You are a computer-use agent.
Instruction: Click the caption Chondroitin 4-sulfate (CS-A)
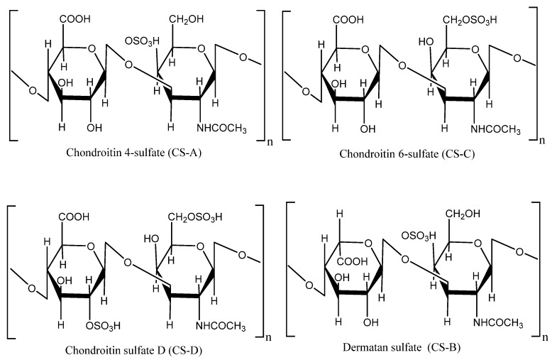(134, 153)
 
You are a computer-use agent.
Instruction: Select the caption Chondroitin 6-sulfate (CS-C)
(407, 154)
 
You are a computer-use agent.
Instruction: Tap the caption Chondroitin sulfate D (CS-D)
(134, 351)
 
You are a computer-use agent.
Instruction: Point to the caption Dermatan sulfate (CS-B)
(402, 348)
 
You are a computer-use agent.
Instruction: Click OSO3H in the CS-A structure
(142, 41)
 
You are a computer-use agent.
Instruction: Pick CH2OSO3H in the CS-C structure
(470, 21)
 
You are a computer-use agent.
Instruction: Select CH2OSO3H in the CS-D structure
(195, 217)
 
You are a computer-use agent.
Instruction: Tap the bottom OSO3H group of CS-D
(103, 326)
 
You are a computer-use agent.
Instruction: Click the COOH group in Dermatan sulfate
(353, 261)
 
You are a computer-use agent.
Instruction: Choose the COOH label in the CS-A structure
(75, 18)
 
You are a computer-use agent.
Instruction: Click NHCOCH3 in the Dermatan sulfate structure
(498, 322)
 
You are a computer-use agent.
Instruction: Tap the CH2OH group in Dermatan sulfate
(463, 214)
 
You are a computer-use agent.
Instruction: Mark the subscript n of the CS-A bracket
(270, 142)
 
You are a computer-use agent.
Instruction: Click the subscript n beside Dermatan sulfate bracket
(546, 337)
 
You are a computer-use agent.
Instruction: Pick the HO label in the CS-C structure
(426, 42)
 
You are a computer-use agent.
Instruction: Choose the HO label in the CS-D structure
(151, 239)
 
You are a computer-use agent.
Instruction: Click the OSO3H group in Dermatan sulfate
(419, 236)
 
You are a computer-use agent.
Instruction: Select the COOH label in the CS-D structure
(74, 217)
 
